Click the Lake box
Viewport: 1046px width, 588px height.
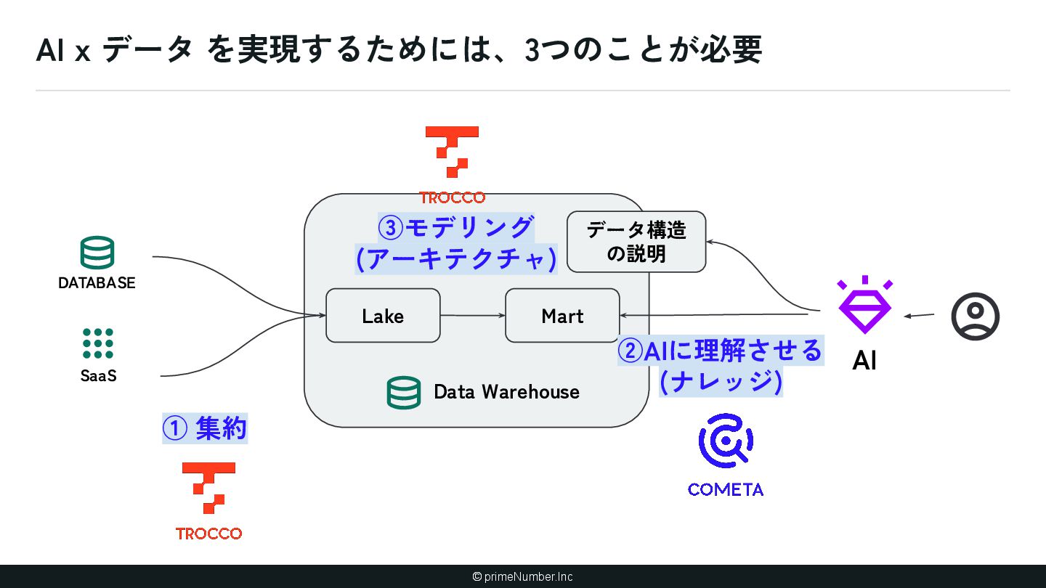coord(383,316)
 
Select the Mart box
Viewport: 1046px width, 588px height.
coord(562,316)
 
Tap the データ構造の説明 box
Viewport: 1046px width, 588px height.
coord(636,242)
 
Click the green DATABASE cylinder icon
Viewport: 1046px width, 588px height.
coord(97,253)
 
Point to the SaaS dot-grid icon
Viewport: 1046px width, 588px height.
coord(98,343)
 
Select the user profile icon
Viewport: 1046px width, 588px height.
coord(976,316)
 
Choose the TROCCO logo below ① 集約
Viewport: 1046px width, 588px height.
coord(208,489)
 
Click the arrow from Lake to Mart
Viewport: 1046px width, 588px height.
coord(472,316)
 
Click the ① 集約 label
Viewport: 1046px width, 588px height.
coord(204,429)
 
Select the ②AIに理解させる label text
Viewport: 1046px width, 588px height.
coord(720,351)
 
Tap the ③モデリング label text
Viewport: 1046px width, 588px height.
coord(455,228)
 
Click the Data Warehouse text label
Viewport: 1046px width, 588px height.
coord(506,392)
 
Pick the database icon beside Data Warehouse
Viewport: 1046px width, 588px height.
coord(403,393)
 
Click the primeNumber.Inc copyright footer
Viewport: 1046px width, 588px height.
coord(523,576)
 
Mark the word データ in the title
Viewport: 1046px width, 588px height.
coord(147,50)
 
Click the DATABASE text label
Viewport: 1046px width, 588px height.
coord(97,283)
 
